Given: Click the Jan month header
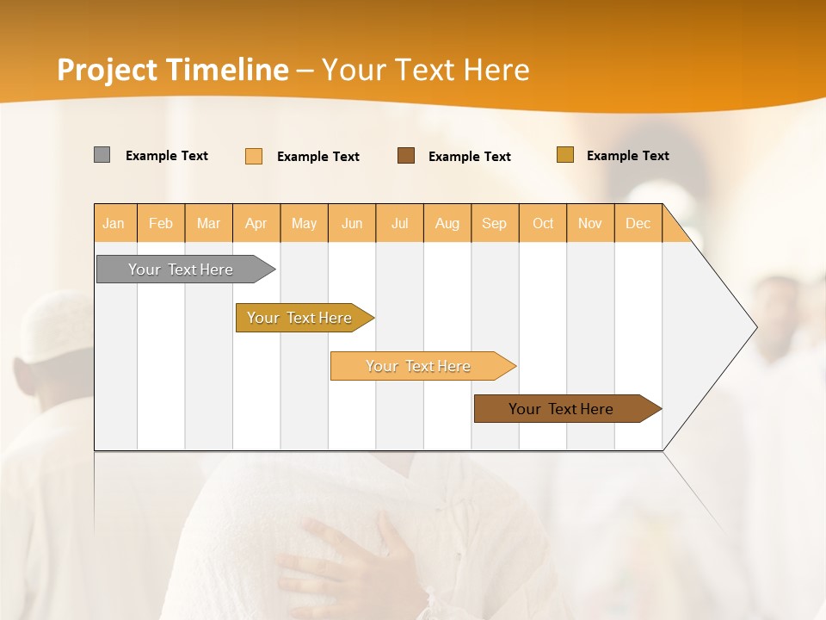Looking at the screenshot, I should point(114,223).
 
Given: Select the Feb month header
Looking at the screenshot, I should point(161,223).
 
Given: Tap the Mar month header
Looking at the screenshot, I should point(208,223).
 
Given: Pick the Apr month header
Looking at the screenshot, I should point(256,223).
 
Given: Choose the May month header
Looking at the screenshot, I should point(304,223).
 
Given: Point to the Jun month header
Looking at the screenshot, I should point(352,223).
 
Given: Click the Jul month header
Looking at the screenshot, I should point(399,223).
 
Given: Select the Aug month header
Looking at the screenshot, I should point(447,223).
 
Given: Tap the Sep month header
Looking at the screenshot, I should point(495,223).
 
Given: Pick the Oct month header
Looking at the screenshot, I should point(543,223).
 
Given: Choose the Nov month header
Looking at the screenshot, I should point(590,223).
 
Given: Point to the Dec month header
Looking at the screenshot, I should point(638,223).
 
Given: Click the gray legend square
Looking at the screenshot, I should point(102,155).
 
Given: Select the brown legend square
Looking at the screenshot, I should point(406,156).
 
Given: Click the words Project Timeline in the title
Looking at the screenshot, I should point(173,70).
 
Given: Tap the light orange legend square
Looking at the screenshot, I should point(254,156).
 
